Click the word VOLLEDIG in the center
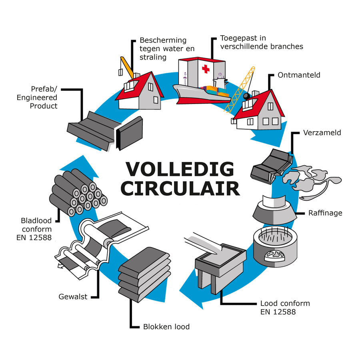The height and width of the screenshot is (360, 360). tap(180, 170)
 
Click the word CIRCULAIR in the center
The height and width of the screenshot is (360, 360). tap(180, 188)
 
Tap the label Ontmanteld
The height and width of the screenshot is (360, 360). tap(299, 75)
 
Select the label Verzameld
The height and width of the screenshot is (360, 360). tap(322, 132)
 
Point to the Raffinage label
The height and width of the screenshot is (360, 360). tap(325, 213)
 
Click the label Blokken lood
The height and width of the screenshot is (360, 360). tap(166, 327)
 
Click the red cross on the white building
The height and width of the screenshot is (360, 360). tap(206, 69)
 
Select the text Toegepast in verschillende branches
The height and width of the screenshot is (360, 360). tap(261, 42)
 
